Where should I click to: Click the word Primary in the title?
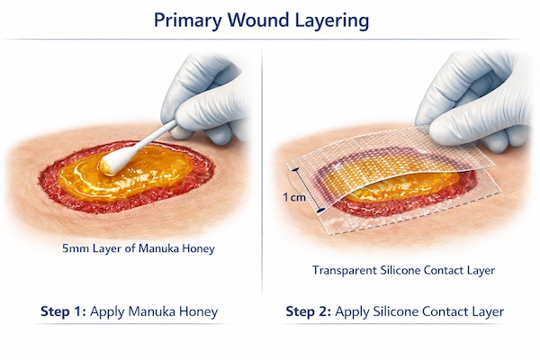pyautogui.click(x=188, y=19)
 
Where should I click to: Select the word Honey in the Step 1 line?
pyautogui.click(x=198, y=312)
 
